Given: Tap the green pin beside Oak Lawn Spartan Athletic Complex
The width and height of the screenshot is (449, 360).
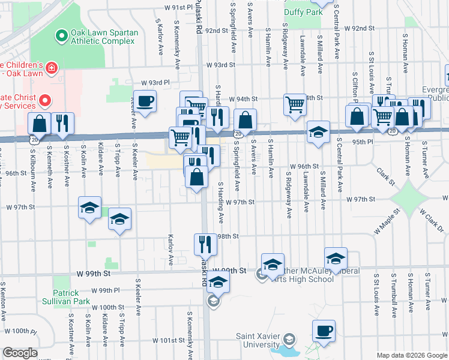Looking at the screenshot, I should tap(61, 37).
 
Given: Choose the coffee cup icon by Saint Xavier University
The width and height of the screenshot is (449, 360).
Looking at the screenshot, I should tap(324, 331).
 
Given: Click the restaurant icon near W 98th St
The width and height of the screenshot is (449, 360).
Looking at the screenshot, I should tap(205, 244).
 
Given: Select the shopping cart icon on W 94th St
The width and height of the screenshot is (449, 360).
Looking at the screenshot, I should tap(295, 104).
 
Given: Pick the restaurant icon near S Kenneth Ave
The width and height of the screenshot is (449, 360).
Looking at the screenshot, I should tap(62, 123).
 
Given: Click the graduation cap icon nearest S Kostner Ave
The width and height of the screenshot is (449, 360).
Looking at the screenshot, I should tap(90, 208).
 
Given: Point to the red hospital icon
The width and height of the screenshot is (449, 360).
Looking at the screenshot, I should tap(52, 68).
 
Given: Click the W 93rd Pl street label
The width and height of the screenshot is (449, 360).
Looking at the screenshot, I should tap(156, 83).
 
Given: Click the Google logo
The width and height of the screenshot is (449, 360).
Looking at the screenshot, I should tap(20, 353).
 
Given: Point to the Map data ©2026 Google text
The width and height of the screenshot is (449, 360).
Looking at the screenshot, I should tap(411, 355).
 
